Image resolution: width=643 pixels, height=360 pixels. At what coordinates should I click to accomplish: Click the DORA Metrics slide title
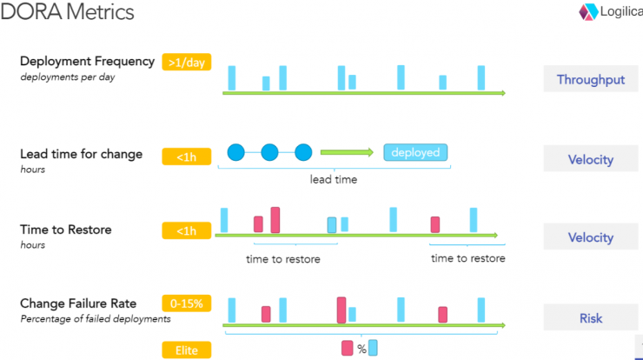coord(67,11)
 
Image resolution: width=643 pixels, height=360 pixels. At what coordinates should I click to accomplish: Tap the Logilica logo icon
coord(588,12)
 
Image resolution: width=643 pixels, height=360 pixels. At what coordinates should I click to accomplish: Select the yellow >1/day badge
coord(187,62)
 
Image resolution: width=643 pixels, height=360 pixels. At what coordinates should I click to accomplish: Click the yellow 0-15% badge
coord(187,303)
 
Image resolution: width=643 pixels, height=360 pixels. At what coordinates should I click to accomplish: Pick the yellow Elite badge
coord(187,350)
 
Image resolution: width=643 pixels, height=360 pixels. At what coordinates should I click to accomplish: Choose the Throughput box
coord(591,79)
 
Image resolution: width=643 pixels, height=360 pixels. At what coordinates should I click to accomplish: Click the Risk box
coord(591,317)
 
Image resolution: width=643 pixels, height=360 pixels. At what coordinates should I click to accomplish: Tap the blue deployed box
coord(415,152)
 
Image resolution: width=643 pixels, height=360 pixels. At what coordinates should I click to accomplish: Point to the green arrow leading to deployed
coord(347,152)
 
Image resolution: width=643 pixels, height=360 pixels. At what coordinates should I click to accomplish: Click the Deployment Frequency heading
coord(88,61)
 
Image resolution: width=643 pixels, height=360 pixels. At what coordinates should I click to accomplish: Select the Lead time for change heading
coord(81,154)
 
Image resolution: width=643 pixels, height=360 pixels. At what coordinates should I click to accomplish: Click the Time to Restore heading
coord(66,230)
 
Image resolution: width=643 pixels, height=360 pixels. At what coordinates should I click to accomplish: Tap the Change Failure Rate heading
coord(78,303)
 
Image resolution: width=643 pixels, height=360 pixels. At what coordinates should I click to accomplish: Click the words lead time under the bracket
coord(334,179)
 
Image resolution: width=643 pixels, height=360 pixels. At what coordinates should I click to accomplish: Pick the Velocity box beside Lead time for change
coord(591,158)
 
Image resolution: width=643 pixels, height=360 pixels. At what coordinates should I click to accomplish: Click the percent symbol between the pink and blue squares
coord(361,349)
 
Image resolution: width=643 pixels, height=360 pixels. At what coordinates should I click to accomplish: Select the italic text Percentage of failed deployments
coord(96,319)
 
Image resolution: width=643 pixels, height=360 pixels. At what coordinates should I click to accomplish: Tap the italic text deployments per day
coord(68,77)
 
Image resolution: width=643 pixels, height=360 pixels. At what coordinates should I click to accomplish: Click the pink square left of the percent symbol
coord(348,348)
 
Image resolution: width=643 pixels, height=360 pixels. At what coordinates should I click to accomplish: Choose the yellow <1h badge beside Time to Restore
coord(187,230)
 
